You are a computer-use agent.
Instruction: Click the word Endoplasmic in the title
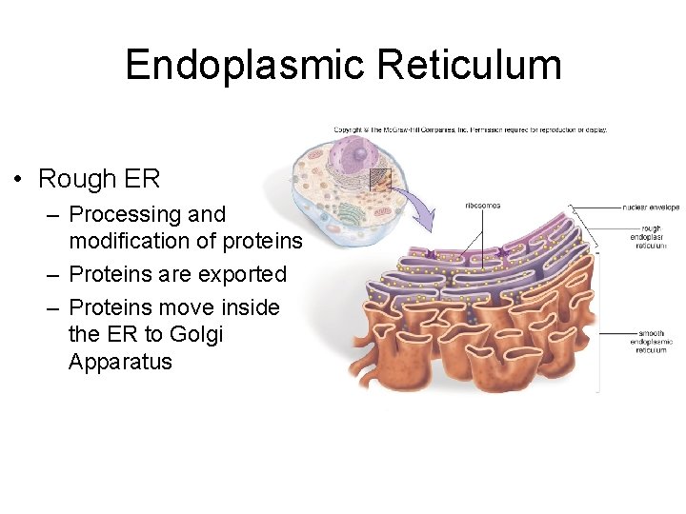pyautogui.click(x=245, y=65)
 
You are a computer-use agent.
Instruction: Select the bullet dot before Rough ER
pyautogui.click(x=18, y=180)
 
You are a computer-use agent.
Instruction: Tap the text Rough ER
pyautogui.click(x=99, y=179)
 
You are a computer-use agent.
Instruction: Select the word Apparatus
pyautogui.click(x=120, y=362)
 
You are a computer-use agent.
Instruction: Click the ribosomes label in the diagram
pyautogui.click(x=482, y=206)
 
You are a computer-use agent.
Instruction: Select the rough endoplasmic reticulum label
pyautogui.click(x=651, y=237)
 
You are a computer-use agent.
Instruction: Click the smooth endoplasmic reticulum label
pyautogui.click(x=651, y=342)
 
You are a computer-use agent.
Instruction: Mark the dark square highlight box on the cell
pyautogui.click(x=379, y=179)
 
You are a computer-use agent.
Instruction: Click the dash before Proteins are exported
pyautogui.click(x=54, y=274)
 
